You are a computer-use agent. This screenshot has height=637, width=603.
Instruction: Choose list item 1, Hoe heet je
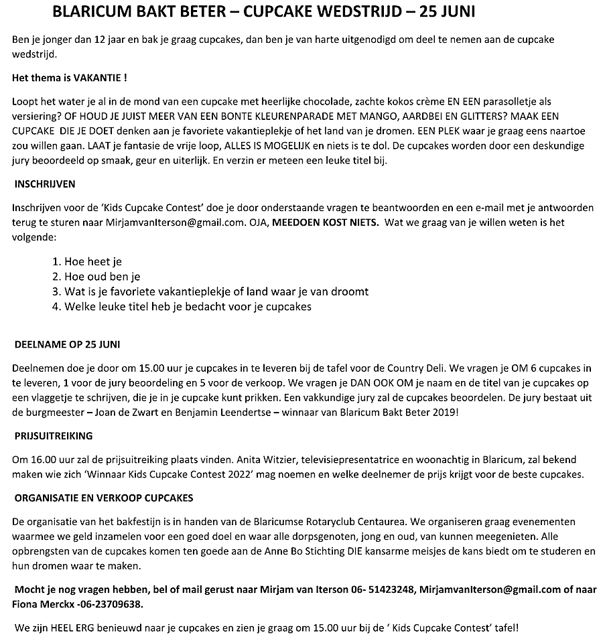[86, 262]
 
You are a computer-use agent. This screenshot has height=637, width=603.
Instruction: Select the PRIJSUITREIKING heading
[54, 436]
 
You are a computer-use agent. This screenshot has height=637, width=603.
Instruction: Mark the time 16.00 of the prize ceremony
[40, 460]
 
